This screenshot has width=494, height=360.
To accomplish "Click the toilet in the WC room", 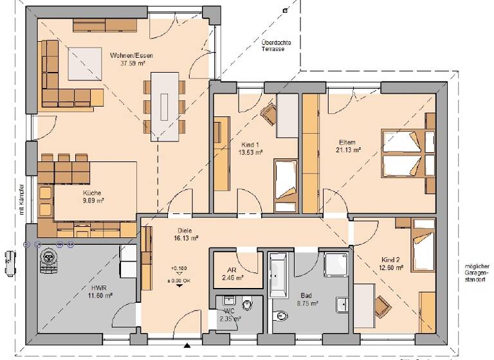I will [246, 301].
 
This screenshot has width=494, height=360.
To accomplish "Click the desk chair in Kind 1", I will [268, 114].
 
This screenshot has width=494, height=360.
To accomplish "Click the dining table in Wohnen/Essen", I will [165, 106].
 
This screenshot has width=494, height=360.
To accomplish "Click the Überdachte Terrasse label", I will [276, 46].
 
